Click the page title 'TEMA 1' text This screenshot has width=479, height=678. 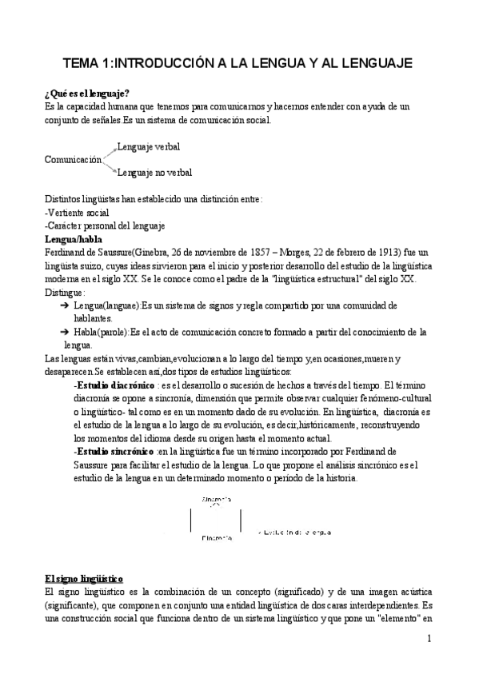(x=89, y=62)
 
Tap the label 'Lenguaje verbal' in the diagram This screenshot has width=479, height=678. (x=148, y=147)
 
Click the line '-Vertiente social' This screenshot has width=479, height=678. (x=77, y=213)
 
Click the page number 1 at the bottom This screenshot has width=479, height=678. (x=429, y=638)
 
